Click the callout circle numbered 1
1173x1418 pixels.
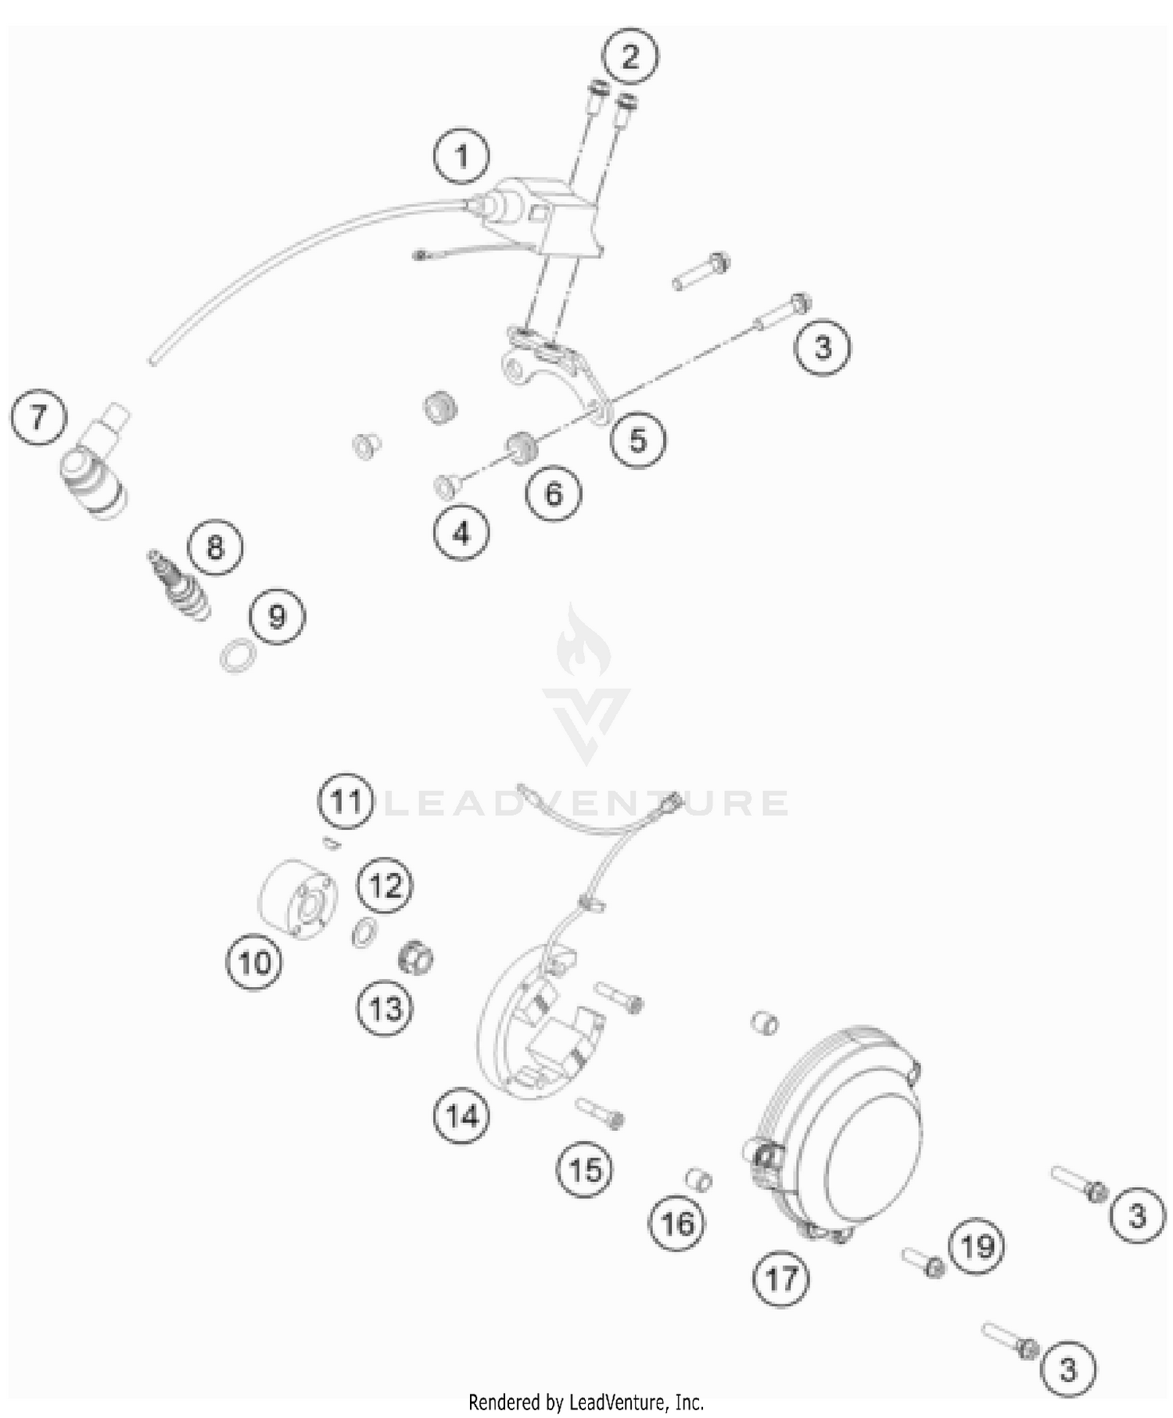pos(461,156)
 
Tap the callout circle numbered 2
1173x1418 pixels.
pos(630,56)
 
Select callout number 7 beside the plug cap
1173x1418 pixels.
pos(38,417)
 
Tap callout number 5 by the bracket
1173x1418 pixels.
pos(638,440)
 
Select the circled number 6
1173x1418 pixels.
pos(553,494)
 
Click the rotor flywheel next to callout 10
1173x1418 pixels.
pos(297,899)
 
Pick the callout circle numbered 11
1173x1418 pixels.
pos(346,802)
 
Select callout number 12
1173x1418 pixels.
pos(385,886)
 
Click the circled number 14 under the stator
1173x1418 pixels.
pos(461,1115)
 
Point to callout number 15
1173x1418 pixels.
pos(585,1170)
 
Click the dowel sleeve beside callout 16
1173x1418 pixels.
pos(698,1179)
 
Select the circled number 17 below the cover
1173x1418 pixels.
pos(781,1280)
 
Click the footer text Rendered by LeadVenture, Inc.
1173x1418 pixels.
pos(586,1402)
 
